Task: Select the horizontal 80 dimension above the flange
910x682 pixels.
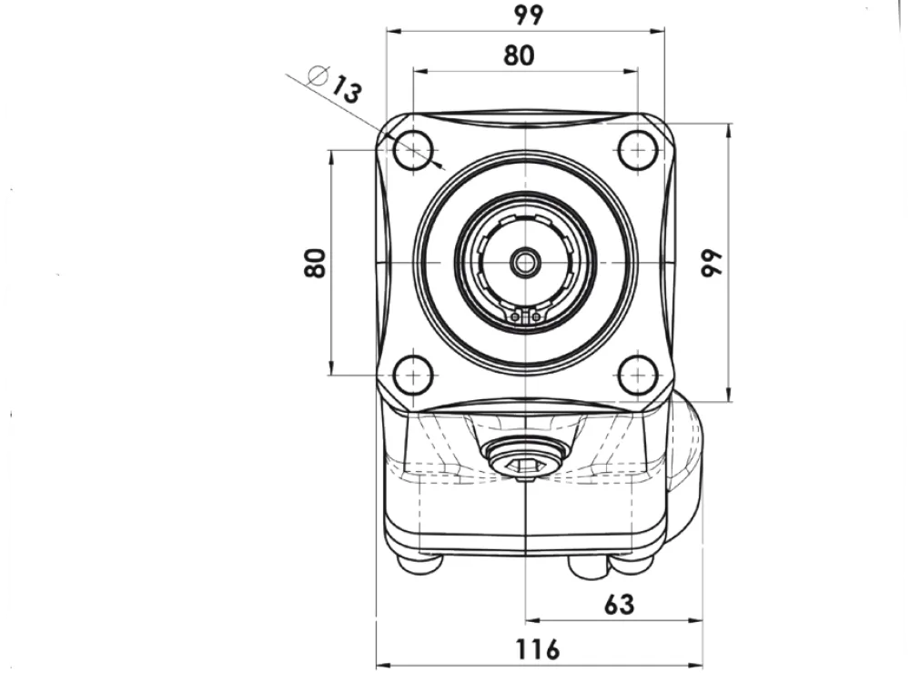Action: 519,55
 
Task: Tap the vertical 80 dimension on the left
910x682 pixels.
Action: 315,263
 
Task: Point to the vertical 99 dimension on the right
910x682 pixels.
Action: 713,263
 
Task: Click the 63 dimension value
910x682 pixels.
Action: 619,605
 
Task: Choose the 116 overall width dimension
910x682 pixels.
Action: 538,649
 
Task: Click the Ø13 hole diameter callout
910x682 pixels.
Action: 335,84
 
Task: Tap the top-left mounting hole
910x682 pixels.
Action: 413,150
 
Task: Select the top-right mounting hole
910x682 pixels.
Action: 639,150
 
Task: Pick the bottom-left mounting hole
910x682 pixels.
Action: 413,376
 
